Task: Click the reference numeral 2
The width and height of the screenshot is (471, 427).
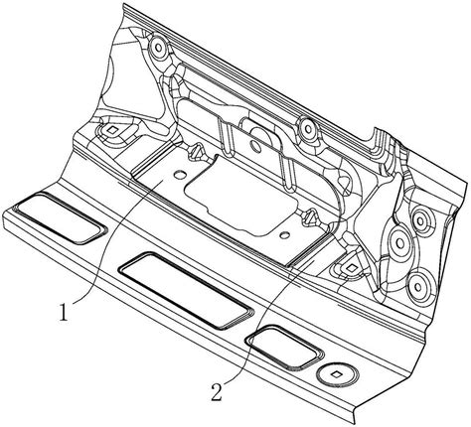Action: (217, 392)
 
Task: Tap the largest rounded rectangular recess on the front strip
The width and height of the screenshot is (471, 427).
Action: (186, 291)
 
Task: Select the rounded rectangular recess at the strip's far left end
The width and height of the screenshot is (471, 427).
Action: (61, 218)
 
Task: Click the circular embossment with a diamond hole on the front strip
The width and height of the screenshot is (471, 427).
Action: (337, 374)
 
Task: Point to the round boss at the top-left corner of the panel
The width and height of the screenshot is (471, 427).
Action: (159, 49)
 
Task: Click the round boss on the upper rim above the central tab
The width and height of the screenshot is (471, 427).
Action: (307, 128)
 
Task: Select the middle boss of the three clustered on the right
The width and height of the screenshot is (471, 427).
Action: (400, 243)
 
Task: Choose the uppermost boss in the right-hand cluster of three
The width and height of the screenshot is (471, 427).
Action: (420, 219)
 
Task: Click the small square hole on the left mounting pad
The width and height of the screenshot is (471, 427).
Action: (113, 130)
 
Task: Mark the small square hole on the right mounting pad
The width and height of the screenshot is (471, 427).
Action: (351, 268)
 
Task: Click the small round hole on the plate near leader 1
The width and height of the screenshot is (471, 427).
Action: (179, 174)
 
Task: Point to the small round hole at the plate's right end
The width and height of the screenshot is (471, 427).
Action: (283, 235)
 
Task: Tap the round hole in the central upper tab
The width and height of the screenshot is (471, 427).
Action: (255, 145)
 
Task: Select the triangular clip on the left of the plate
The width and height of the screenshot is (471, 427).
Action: (196, 152)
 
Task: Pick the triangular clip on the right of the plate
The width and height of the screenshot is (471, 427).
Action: (310, 218)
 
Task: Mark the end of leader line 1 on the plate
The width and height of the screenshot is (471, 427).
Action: (162, 181)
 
